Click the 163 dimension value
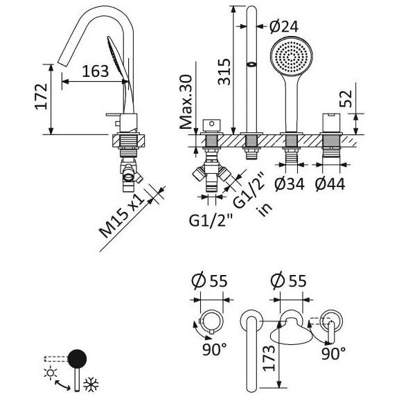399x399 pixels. click(x=96, y=71)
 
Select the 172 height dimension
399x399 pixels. click(x=42, y=97)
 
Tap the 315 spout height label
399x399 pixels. click(x=224, y=72)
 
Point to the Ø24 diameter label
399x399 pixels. click(x=283, y=26)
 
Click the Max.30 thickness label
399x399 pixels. click(x=186, y=102)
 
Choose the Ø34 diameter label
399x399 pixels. click(x=290, y=184)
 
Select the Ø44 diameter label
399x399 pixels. click(x=330, y=184)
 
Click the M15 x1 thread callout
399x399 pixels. click(x=122, y=216)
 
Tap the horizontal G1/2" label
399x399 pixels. click(x=211, y=220)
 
